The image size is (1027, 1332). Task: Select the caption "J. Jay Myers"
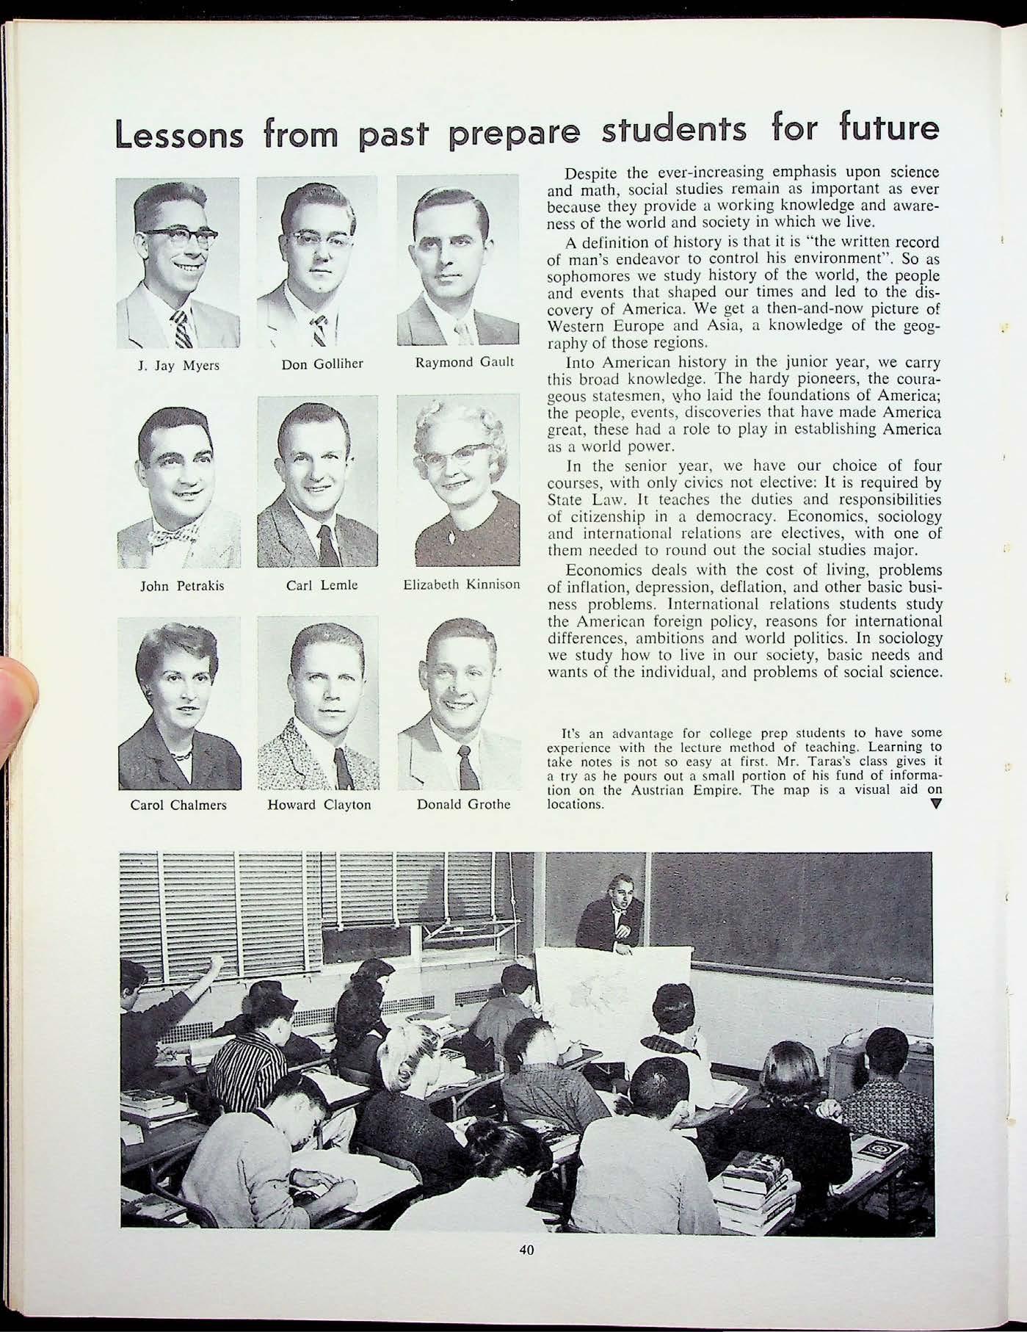coord(178,365)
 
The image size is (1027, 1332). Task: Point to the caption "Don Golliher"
coord(322,363)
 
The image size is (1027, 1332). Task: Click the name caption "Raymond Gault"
coord(464,363)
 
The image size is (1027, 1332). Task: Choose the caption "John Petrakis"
coord(182,586)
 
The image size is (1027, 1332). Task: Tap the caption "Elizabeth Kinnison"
coord(462,585)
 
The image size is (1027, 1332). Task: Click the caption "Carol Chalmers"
coord(178,805)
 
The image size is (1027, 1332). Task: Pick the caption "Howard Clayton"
coord(319,805)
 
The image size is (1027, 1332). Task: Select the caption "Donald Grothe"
coord(463,804)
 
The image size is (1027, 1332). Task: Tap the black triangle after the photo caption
coord(935,803)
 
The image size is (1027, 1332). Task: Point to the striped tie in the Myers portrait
coord(182,328)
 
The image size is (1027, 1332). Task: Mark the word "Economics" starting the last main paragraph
coord(600,571)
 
